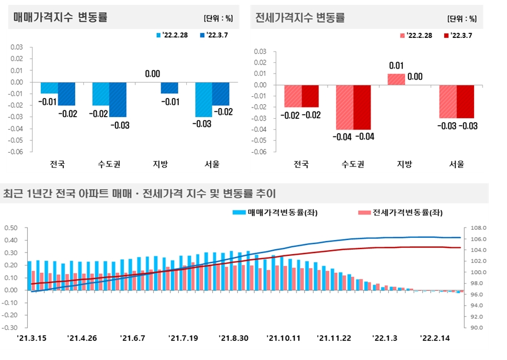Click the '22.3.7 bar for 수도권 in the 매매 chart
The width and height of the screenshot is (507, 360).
(x=118, y=99)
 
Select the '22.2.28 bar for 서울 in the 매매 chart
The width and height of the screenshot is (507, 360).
(x=204, y=99)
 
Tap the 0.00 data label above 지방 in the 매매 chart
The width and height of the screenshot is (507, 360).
(x=153, y=74)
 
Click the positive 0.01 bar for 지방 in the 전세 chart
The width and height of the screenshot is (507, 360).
(x=396, y=79)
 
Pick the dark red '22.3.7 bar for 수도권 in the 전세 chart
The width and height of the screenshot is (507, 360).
(x=362, y=108)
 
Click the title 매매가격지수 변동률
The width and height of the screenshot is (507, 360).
(x=61, y=18)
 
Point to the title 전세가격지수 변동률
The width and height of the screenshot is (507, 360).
(x=300, y=18)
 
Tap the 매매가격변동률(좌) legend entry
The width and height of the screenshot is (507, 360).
(x=270, y=213)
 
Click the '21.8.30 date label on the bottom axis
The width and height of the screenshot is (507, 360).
(x=233, y=338)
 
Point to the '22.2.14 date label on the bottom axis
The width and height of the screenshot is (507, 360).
(x=435, y=338)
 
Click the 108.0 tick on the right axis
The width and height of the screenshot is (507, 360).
(x=478, y=228)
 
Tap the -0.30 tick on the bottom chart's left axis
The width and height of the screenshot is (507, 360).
(x=12, y=328)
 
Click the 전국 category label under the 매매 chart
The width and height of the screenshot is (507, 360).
(x=57, y=165)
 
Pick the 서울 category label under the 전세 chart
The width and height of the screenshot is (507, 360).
(x=456, y=165)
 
